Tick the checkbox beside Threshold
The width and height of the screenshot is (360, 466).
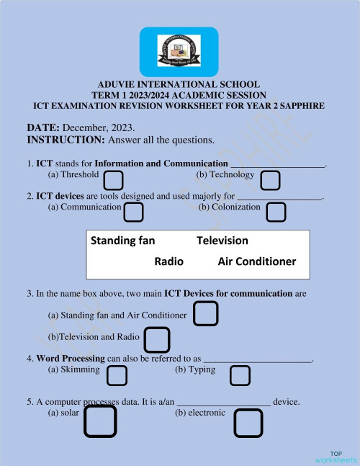click(x=114, y=179)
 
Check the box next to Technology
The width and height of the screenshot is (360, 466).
click(x=270, y=180)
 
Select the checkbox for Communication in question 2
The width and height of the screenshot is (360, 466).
click(x=133, y=212)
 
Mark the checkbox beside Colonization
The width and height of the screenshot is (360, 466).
click(x=276, y=212)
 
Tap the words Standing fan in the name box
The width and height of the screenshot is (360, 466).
click(x=123, y=241)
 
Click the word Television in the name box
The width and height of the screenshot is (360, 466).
click(x=222, y=241)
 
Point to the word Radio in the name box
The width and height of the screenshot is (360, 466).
click(x=169, y=261)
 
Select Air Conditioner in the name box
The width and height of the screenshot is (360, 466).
click(x=256, y=261)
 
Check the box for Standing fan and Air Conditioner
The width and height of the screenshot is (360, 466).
click(x=206, y=313)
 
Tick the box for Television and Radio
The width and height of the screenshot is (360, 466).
click(x=157, y=339)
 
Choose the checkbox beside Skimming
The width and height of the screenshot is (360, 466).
click(x=117, y=375)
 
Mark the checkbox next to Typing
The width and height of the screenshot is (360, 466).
click(x=240, y=375)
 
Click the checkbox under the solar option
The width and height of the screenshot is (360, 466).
click(x=100, y=421)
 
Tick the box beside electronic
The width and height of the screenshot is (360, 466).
click(x=248, y=423)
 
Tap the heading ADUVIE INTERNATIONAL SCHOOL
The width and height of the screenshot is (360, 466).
click(x=179, y=85)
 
